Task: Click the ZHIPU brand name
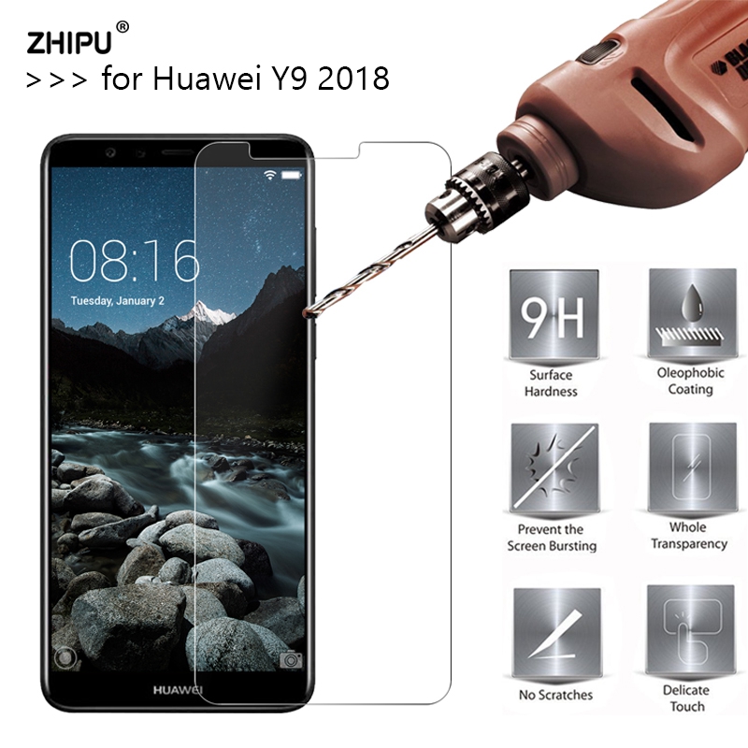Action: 69,42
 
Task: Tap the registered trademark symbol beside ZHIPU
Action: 122,27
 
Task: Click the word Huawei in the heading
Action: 206,78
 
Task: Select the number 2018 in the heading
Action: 353,79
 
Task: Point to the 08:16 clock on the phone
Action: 135,261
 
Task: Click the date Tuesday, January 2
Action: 118,301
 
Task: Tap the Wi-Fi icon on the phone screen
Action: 270,175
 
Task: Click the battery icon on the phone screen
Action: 292,175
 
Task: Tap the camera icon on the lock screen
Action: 291,660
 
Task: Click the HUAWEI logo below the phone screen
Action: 178,690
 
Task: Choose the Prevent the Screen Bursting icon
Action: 554,468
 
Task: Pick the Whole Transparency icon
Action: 692,467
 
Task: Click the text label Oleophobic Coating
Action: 690,381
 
